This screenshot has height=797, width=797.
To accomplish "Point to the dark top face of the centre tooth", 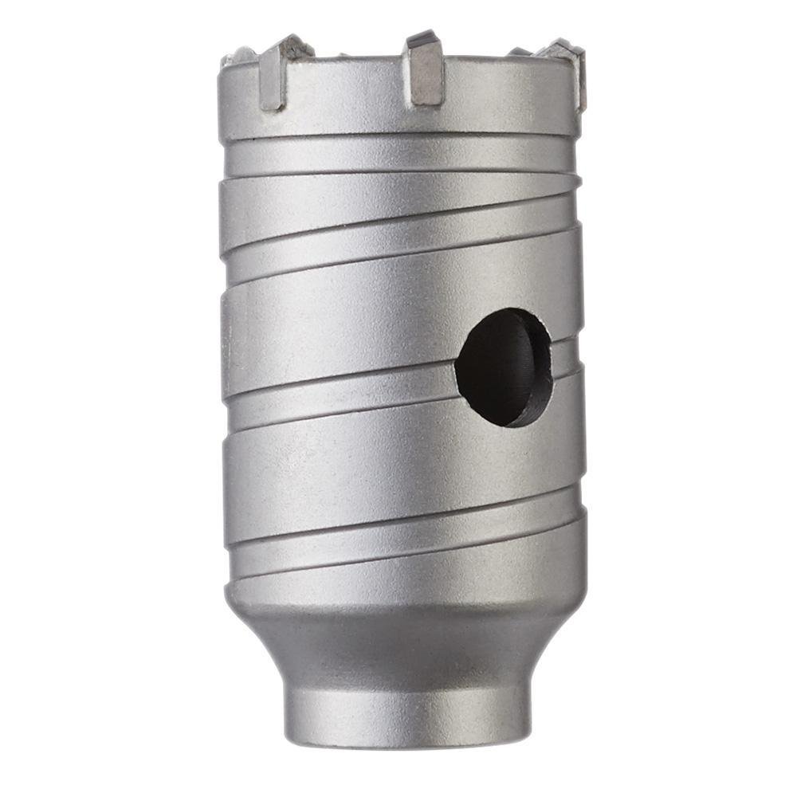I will [420, 38].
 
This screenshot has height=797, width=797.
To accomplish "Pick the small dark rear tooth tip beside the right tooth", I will [519, 52].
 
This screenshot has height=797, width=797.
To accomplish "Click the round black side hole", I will [502, 367].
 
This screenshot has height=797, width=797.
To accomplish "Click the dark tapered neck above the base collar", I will [406, 646].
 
